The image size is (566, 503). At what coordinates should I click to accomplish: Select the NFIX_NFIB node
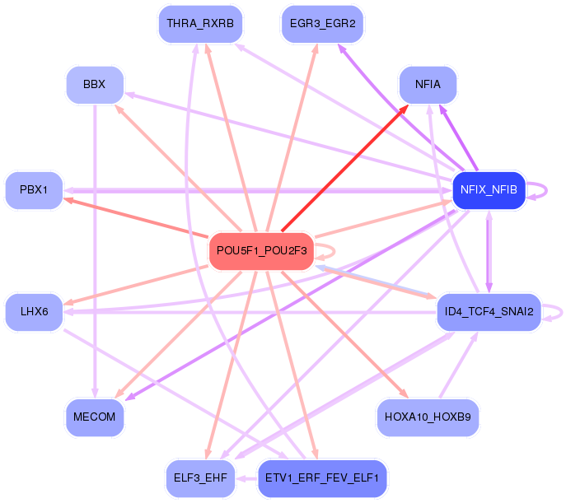[489, 190]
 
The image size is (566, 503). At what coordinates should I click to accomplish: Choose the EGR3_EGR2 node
[322, 24]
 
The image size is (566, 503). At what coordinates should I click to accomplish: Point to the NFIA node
[428, 84]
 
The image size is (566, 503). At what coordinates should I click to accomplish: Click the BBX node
[96, 84]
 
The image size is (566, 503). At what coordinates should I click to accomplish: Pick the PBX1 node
[34, 191]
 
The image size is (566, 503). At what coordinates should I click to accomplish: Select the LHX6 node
[34, 311]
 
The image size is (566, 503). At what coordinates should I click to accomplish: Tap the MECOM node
[96, 417]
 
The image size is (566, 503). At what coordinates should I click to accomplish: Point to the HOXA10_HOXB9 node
[428, 417]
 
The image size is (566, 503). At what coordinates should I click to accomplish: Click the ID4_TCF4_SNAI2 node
[489, 312]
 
